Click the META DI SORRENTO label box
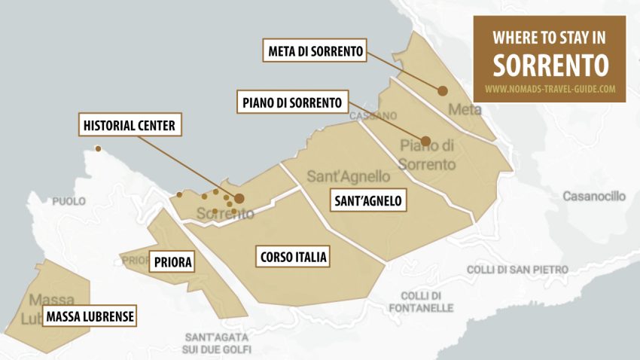pyautogui.click(x=317, y=51)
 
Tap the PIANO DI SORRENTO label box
pyautogui.click(x=292, y=101)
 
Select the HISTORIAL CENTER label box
pyautogui.click(x=131, y=125)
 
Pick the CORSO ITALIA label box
pyautogui.click(x=293, y=257)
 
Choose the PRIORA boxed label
pyautogui.click(x=172, y=262)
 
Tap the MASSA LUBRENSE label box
pyautogui.click(x=90, y=316)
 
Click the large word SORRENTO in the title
pyautogui.click(x=550, y=65)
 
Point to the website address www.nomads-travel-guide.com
pyautogui.click(x=550, y=89)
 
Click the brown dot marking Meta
pyautogui.click(x=443, y=90)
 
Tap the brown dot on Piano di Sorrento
pyautogui.click(x=425, y=141)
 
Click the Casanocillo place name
pyautogui.click(x=594, y=196)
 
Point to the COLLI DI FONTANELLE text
pyautogui.click(x=421, y=301)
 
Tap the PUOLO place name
pyautogui.click(x=69, y=202)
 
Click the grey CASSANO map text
pyautogui.click(x=373, y=116)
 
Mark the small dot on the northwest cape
pyautogui.click(x=97, y=148)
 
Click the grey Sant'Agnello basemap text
pyautogui.click(x=349, y=176)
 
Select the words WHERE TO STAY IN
pyautogui.click(x=550, y=38)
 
